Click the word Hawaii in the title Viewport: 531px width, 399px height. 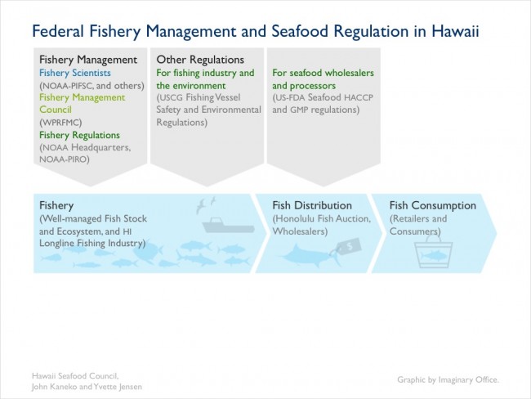(455, 31)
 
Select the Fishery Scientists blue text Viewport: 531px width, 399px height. (75, 73)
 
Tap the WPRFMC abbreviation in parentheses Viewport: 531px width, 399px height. (60, 122)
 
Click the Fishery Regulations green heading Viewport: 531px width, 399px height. (79, 135)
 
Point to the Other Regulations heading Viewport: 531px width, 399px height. (200, 60)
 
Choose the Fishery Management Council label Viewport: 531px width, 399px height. (83, 103)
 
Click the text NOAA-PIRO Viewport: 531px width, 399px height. (65, 159)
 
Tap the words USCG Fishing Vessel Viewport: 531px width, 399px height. (199, 97)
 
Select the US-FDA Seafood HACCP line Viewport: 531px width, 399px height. (323, 97)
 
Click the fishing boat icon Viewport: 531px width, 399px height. (228, 226)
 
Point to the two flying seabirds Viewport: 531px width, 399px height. (206, 204)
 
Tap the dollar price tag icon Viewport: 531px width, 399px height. (348, 247)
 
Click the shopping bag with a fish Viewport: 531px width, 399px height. (434, 252)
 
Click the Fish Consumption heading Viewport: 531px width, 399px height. (433, 205)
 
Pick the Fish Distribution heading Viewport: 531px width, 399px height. (312, 205)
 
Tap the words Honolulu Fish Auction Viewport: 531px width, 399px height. (322, 218)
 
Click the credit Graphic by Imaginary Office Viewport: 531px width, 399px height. (448, 379)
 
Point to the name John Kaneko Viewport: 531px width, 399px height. (54, 387)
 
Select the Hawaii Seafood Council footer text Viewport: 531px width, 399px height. (75, 375)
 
